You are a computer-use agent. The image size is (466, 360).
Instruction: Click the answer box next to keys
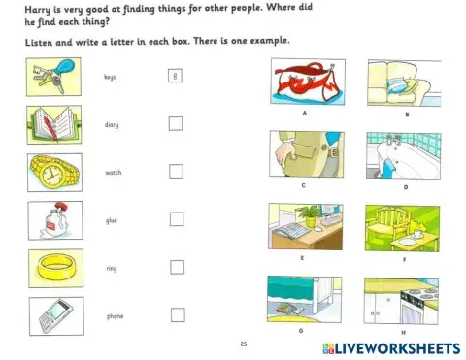175,76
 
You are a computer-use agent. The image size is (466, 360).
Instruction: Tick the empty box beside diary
176,123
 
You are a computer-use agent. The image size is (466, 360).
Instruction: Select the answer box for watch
176,171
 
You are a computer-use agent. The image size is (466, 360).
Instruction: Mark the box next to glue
176,218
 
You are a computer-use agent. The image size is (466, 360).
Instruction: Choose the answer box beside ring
176,266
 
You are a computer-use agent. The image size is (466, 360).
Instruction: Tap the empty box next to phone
177,313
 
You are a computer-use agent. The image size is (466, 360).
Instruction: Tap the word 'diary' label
112,124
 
